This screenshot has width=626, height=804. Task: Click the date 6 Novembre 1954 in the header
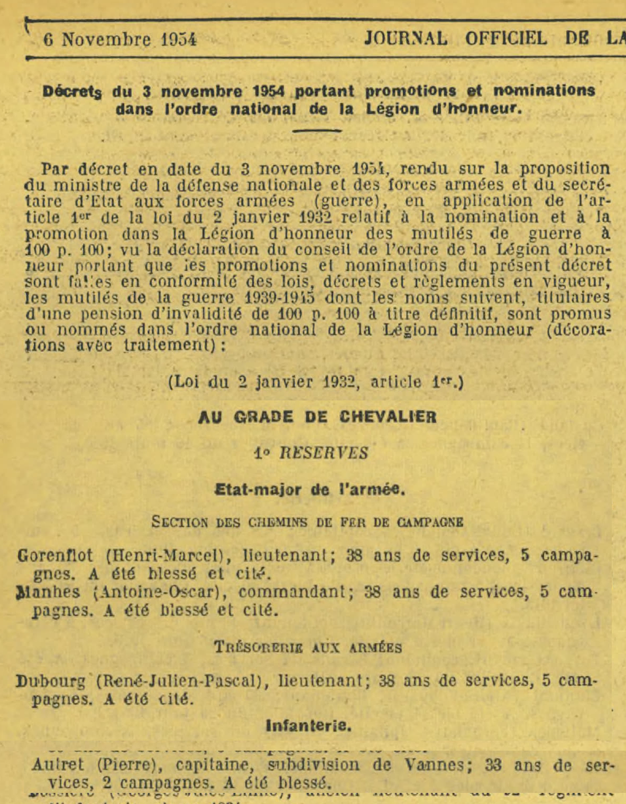120,40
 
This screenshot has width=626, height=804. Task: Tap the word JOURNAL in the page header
406,39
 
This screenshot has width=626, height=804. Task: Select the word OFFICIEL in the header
505,39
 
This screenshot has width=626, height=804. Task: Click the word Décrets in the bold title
72,91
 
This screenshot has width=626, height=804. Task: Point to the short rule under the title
317,130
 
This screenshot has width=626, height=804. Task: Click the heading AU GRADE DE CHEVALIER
317,417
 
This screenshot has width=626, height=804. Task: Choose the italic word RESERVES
323,453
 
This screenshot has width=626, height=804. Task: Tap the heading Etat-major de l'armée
310,490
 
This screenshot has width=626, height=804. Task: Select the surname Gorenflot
55,556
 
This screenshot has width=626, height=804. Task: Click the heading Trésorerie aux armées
308,648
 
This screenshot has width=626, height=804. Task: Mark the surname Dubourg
51,681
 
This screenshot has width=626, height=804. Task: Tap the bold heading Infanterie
309,726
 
